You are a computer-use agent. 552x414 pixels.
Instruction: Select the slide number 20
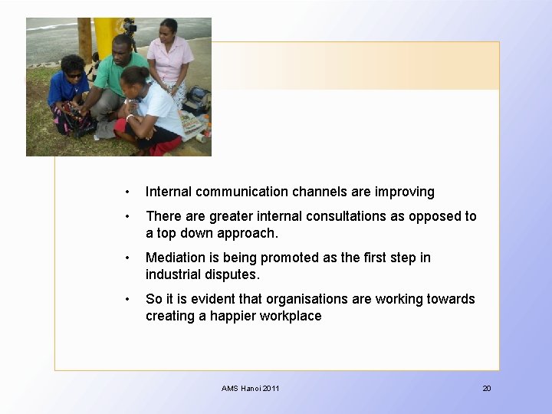coord(486,389)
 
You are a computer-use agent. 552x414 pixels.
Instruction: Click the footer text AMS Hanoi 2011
coord(251,389)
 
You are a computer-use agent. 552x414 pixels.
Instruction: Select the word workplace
coord(291,316)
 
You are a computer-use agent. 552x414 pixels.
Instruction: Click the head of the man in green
coord(123,48)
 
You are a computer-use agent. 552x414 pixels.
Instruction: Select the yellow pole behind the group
coord(107,34)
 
